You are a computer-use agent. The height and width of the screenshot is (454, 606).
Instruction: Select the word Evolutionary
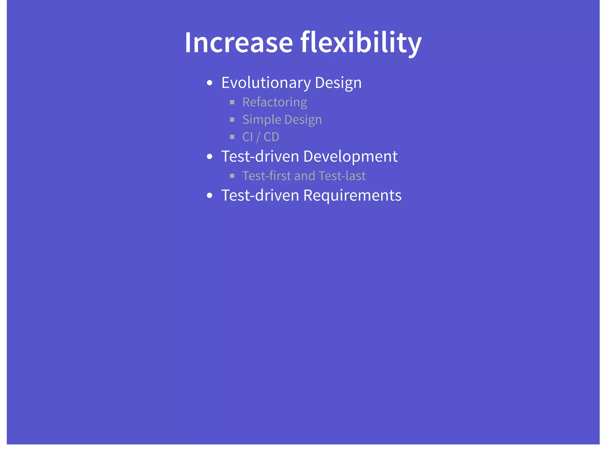pos(266,83)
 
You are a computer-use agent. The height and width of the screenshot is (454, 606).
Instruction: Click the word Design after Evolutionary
pos(338,83)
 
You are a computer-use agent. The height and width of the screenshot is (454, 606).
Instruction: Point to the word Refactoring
pos(275,102)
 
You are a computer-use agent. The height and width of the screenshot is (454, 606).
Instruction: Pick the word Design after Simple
pos(303,120)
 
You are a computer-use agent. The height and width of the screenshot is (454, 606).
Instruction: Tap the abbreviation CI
pos(247,137)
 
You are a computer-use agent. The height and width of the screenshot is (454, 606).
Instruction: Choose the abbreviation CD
pos(271,137)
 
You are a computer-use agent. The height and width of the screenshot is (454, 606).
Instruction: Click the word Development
pos(350,156)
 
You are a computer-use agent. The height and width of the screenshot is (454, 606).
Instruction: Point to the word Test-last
pos(342,176)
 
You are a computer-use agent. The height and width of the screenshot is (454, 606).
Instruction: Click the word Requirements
pos(352,195)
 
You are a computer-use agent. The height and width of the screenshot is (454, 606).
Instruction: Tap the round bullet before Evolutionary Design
pos(210,83)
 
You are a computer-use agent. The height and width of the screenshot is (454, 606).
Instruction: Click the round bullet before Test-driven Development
pos(210,157)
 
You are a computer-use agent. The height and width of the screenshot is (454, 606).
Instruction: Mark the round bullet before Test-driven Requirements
pos(210,196)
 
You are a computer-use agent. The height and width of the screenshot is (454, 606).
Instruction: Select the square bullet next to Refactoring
pos(232,102)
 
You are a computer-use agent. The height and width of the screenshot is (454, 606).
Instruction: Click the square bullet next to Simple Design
pos(232,120)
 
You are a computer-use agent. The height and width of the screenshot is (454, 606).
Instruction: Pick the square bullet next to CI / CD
pos(232,137)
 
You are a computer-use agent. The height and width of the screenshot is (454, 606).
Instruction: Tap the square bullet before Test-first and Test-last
pos(232,176)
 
